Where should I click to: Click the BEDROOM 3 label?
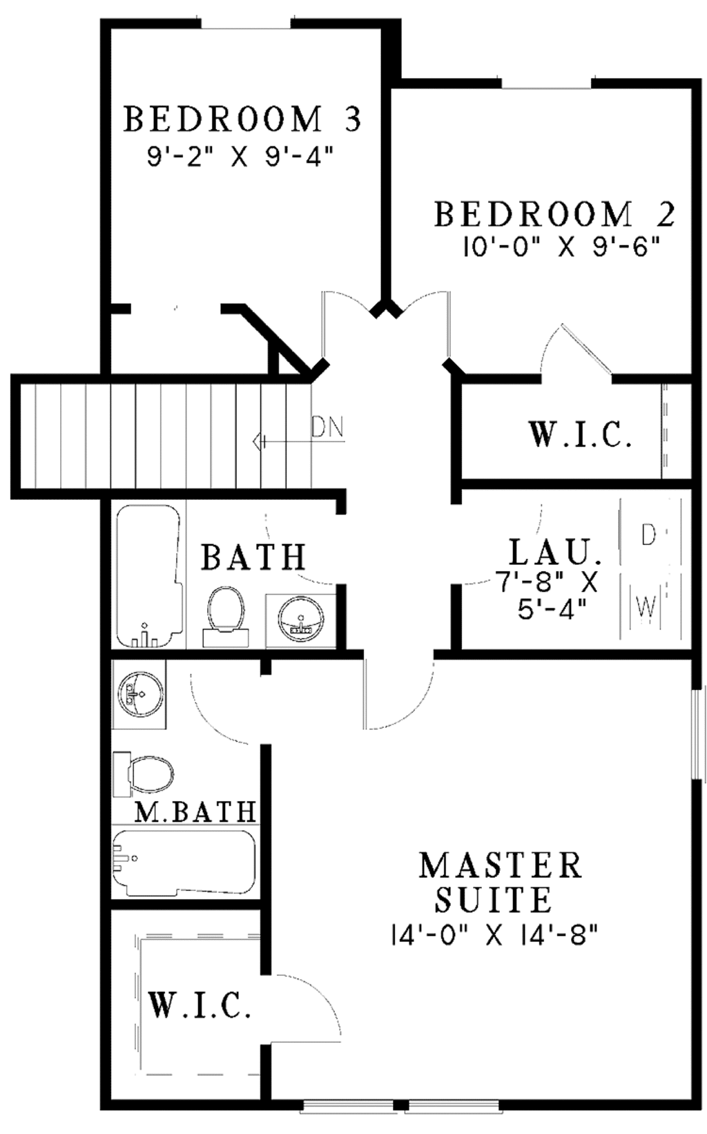click(x=242, y=119)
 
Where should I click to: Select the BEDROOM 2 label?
click(x=554, y=215)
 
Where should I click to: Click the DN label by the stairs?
click(x=327, y=427)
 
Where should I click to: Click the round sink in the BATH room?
click(x=300, y=618)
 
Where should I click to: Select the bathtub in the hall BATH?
click(x=148, y=575)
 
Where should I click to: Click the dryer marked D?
click(x=647, y=535)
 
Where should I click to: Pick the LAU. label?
click(x=554, y=553)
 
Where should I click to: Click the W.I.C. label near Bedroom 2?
click(x=581, y=436)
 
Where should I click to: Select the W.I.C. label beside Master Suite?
click(x=200, y=1006)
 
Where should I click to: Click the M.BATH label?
click(x=195, y=811)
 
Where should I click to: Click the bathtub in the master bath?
click(x=184, y=863)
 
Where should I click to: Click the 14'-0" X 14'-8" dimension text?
click(x=493, y=936)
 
